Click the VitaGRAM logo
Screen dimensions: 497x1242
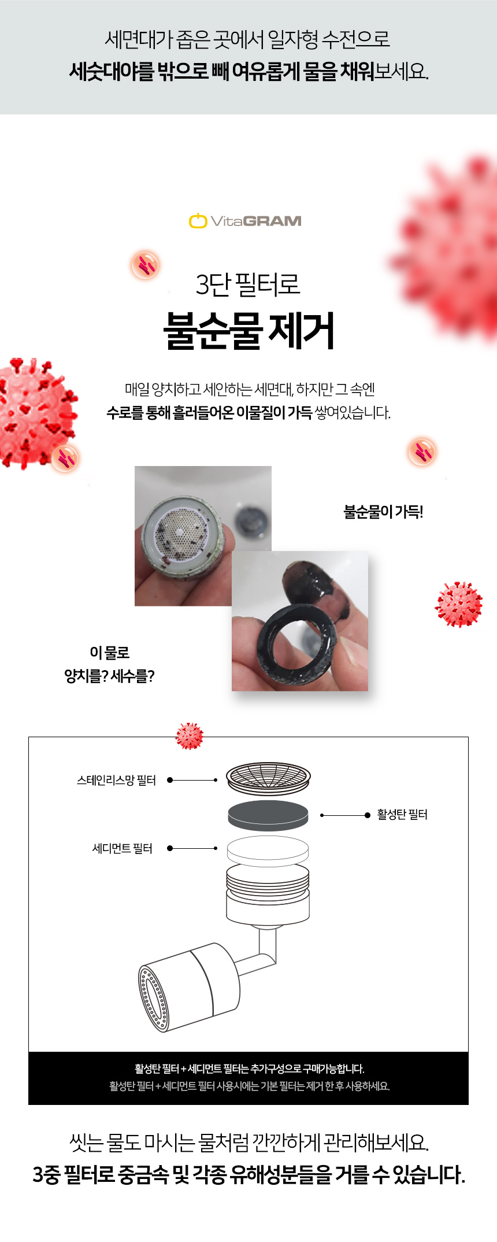point(245,221)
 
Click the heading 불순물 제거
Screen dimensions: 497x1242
point(248,331)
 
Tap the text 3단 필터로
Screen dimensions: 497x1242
point(248,284)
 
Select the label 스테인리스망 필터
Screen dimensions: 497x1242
point(116,781)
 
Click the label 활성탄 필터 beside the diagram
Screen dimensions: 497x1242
point(402,815)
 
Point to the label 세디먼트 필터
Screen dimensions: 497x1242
point(123,848)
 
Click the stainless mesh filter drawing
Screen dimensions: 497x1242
point(268,779)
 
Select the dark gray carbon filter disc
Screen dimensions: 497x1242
point(268,815)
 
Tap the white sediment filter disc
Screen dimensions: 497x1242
point(268,851)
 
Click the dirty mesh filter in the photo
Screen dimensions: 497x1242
point(181,538)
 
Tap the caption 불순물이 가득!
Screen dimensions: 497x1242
point(384,512)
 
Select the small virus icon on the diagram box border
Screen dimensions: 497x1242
point(190,736)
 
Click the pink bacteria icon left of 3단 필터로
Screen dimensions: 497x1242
point(145,265)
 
